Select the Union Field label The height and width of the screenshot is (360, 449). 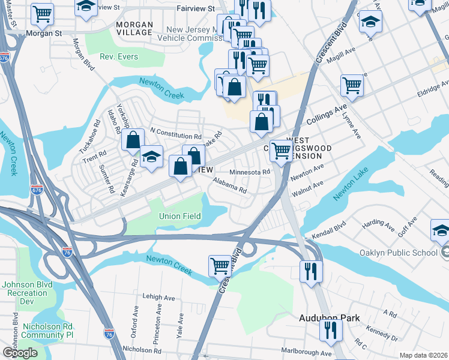178,216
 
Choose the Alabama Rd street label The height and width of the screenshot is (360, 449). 230,185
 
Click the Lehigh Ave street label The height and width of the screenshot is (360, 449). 158,297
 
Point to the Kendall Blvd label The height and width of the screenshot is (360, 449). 331,229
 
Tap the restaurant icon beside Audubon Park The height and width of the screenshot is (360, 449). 331,330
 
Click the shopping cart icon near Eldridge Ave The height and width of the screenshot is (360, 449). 352,85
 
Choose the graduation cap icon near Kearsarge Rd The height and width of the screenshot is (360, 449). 152,157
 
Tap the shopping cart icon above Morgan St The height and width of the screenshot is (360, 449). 42,13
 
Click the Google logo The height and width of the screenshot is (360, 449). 20,353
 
